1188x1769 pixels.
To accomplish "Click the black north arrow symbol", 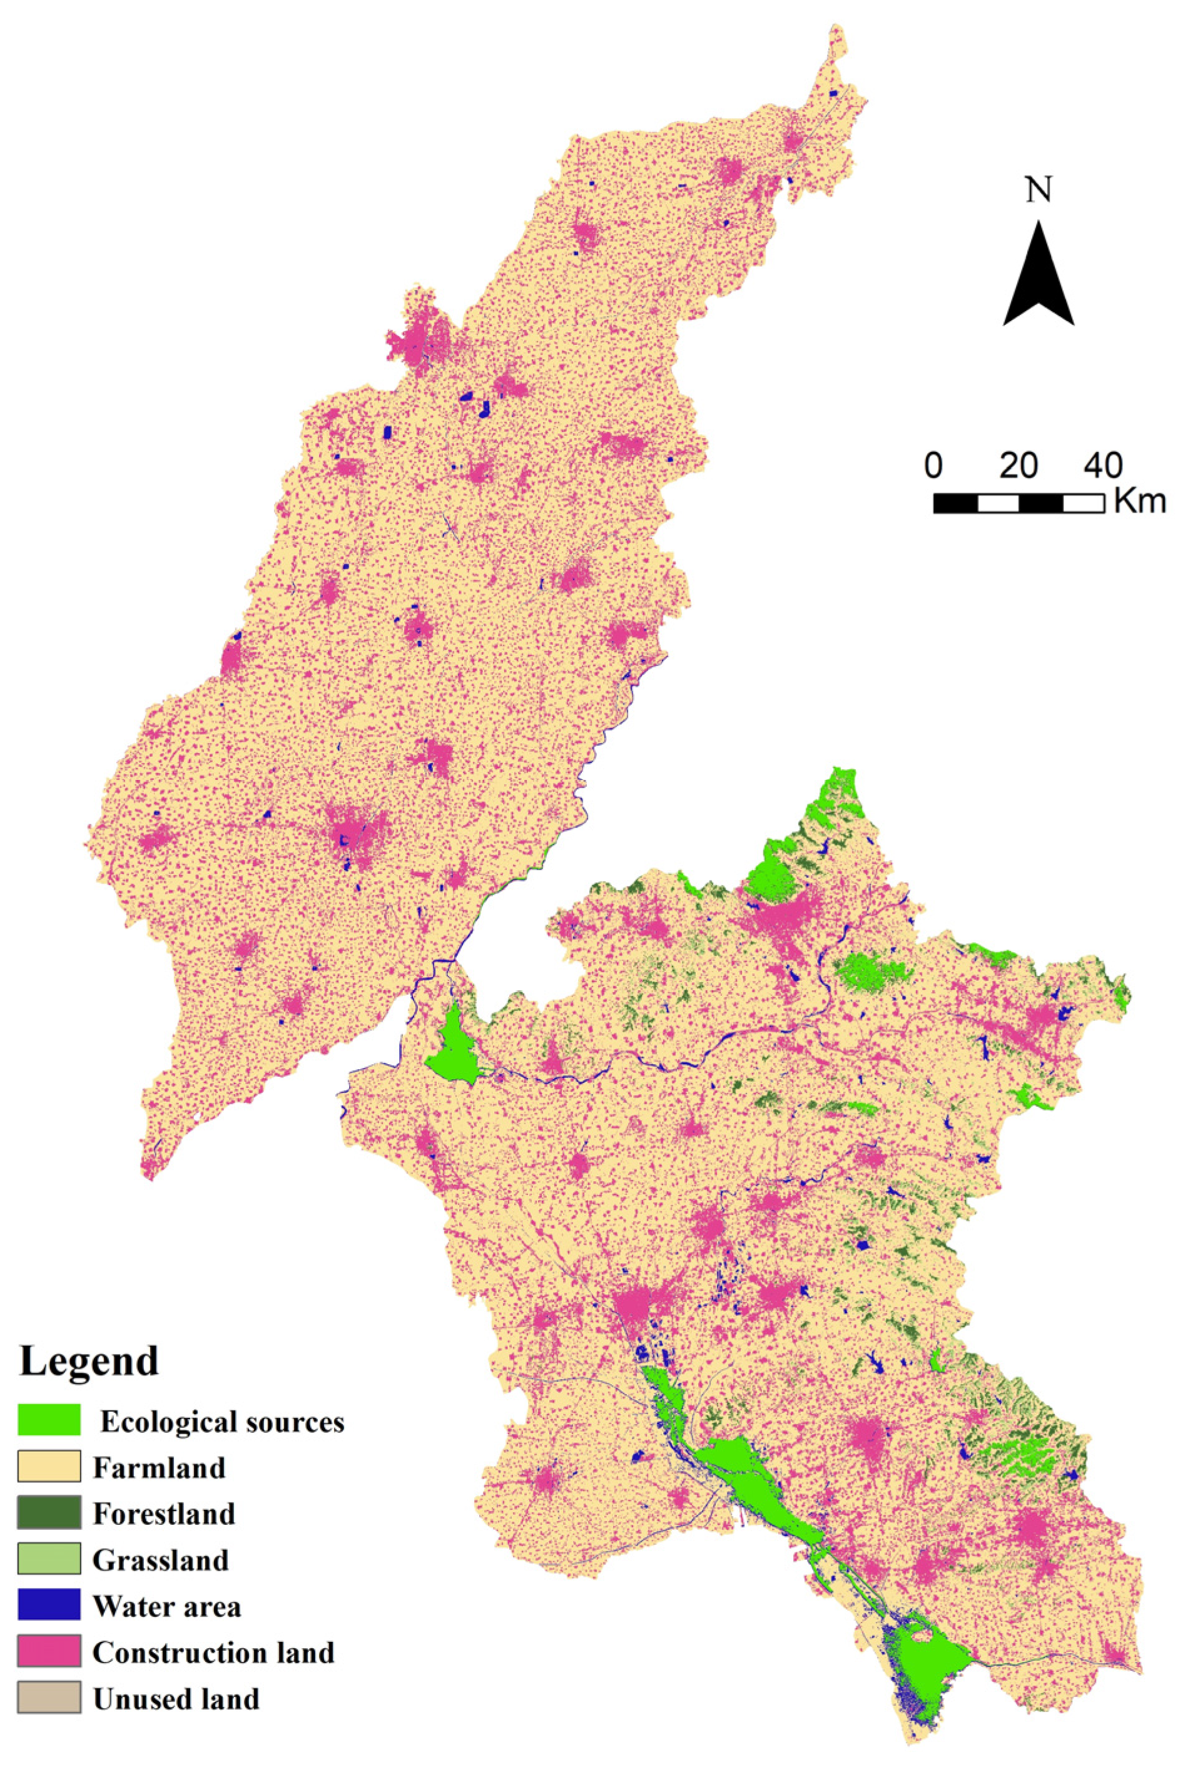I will coord(1038,277).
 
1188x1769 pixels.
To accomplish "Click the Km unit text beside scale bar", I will coord(1139,502).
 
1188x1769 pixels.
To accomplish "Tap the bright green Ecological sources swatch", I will coord(49,1420).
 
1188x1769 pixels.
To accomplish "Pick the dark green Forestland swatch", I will coord(49,1513).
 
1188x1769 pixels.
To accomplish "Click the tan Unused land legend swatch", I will coord(49,1698).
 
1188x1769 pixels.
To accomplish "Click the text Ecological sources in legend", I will coord(222,1423).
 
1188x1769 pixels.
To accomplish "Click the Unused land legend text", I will coord(176,1700).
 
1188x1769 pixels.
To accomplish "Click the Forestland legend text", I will coord(164,1514).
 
